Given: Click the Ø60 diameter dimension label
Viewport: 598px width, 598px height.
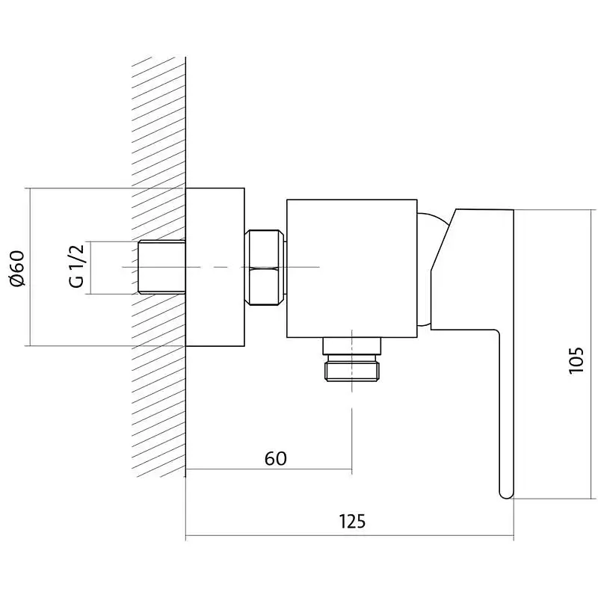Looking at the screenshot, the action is coord(17,268).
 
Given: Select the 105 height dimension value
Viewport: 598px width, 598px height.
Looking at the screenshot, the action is coord(576,360).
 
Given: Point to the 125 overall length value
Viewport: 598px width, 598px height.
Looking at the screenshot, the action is coord(352,521).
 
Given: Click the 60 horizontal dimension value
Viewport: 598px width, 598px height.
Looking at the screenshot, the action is coord(275,458).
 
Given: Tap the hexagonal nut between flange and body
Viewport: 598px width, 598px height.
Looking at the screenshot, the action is coord(265,268).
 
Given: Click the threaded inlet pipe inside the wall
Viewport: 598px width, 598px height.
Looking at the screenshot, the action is coord(161,267).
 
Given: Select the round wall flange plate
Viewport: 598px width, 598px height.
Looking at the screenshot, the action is coord(215,267).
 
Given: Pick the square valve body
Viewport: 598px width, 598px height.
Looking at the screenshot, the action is coord(351,268).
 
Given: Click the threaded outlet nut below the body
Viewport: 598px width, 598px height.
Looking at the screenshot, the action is coord(352,368).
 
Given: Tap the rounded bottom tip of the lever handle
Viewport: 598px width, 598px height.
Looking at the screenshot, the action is coord(507,495).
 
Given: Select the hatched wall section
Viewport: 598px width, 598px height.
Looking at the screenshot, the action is coord(158,267).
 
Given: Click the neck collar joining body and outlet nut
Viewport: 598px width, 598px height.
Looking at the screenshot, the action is coord(351,346).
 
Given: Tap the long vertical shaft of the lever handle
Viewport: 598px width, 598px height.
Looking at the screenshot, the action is coord(507,412).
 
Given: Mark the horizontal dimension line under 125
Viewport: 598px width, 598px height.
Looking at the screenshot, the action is coord(349,535).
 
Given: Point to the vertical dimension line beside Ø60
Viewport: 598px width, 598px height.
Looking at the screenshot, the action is coord(29,267).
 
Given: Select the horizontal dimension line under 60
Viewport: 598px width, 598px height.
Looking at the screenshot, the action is coord(268,469).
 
